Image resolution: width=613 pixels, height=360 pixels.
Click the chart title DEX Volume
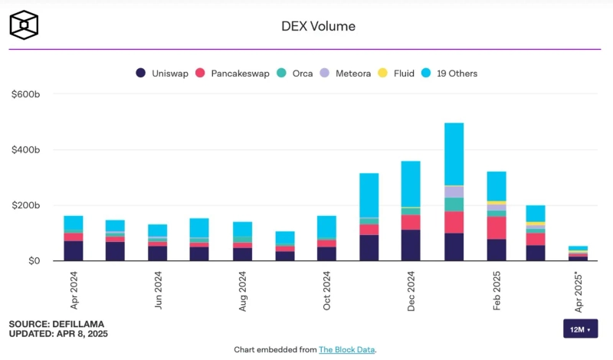(319, 27)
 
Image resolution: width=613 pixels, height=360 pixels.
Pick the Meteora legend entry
(345, 74)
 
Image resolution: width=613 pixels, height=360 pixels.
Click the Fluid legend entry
(396, 74)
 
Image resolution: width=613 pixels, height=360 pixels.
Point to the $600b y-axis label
(25, 94)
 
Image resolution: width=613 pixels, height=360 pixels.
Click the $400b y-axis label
(25, 150)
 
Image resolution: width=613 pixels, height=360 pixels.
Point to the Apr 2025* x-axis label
(580, 293)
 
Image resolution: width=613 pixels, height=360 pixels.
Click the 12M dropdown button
(579, 329)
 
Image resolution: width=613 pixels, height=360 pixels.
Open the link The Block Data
(346, 349)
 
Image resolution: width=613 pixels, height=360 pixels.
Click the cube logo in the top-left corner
(24, 25)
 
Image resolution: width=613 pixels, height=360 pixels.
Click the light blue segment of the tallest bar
(454, 153)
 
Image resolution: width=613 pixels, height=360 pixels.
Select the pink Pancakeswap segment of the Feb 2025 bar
(496, 227)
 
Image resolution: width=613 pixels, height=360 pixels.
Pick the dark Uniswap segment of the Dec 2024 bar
(411, 245)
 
